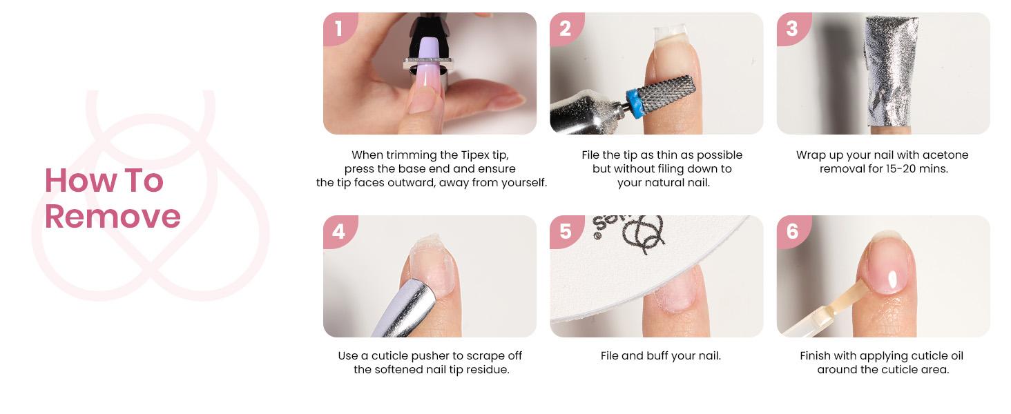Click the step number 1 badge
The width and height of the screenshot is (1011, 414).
[x=338, y=28]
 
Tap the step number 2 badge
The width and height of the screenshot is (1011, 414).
[x=565, y=28]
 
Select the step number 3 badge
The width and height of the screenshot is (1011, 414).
[x=791, y=28]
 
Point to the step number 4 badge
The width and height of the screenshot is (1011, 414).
[x=338, y=230]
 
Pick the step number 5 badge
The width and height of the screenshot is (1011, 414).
[x=565, y=230]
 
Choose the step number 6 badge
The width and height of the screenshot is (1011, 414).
[x=791, y=230]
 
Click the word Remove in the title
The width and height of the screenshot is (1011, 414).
[x=113, y=216]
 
